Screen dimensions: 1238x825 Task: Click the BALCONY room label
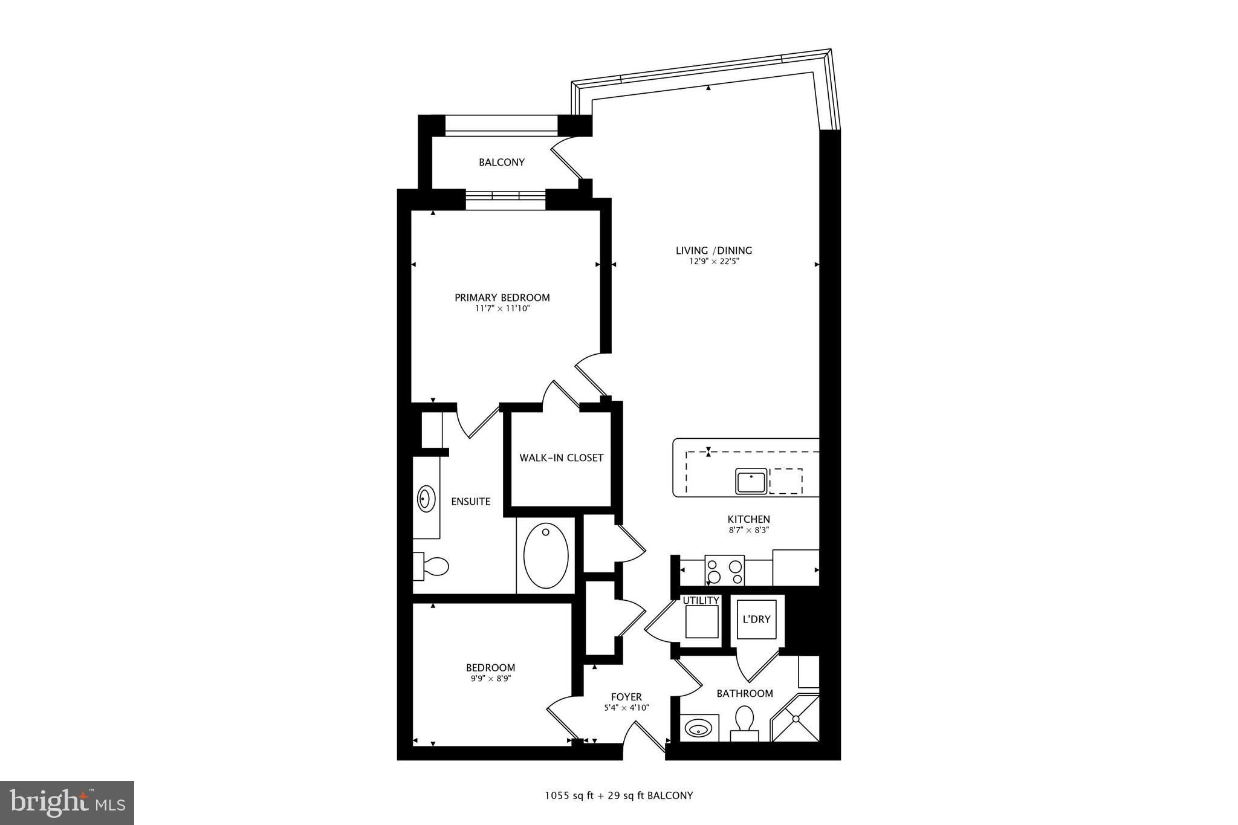501,162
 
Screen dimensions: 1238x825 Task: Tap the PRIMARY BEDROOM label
502,297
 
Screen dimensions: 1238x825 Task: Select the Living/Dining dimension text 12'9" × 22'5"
713,262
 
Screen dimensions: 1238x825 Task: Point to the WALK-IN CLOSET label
561,458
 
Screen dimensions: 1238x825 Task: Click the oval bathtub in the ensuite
546,555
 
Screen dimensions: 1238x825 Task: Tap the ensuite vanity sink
426,500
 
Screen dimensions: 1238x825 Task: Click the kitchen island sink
751,481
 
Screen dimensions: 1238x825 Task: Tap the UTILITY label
701,601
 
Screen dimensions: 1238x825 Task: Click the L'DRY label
756,620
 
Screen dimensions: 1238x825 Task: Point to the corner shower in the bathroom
795,719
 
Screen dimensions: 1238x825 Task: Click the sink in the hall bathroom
700,728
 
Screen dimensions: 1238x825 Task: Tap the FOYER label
626,697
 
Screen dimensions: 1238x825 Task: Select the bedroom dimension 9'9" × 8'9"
490,678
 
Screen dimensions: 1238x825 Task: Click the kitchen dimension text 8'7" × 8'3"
748,530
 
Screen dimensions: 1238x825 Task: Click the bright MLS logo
67,803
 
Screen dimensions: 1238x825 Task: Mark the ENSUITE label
471,502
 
